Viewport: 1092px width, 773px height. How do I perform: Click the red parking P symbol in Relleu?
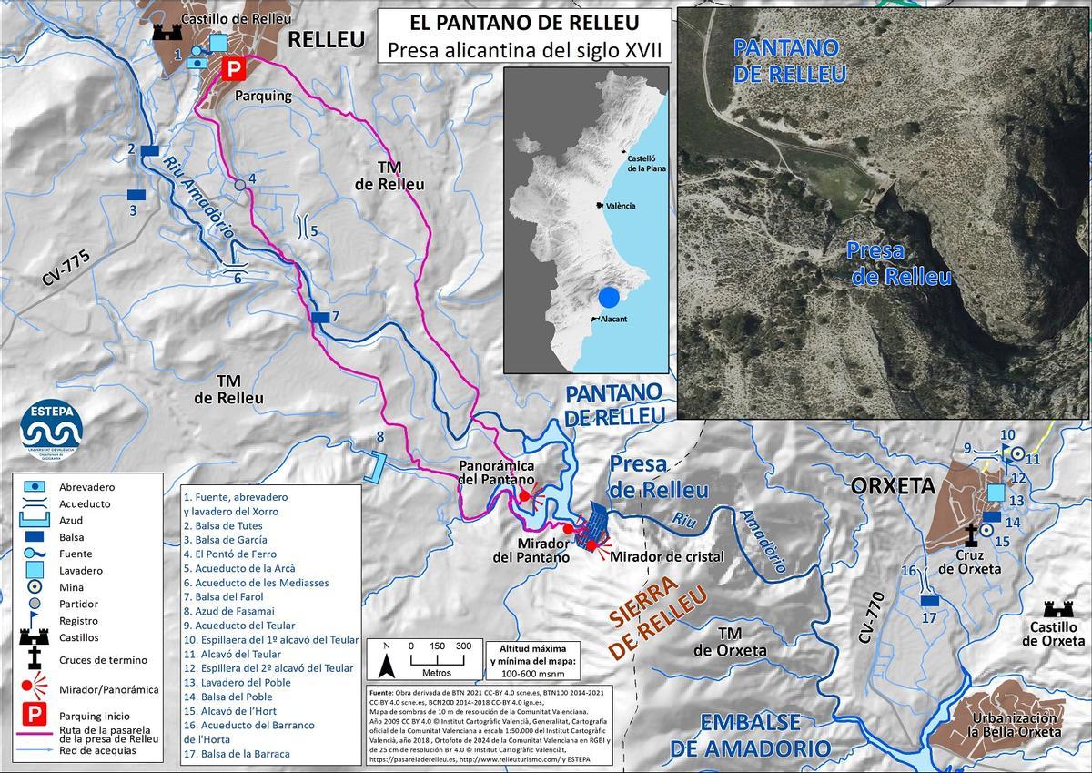coord(235,68)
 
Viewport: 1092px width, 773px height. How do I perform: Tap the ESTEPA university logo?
coord(51,430)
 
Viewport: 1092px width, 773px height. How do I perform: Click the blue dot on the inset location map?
coord(609,298)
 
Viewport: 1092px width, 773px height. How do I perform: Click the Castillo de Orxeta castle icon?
coord(1057,609)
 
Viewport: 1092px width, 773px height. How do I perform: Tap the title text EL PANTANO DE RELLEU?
coord(525,23)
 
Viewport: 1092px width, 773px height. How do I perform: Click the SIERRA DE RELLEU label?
coord(656,619)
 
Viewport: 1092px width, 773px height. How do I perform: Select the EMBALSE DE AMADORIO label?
coord(751,736)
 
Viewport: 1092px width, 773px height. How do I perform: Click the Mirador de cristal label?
coord(667,556)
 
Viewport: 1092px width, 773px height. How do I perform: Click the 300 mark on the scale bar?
coord(463,646)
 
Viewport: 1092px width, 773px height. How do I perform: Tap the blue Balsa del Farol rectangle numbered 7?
coord(319,316)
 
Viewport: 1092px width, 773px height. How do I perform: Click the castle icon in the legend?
coord(35,636)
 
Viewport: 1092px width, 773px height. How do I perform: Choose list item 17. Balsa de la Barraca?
coord(237,754)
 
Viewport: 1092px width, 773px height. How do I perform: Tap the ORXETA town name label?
coord(892,486)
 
